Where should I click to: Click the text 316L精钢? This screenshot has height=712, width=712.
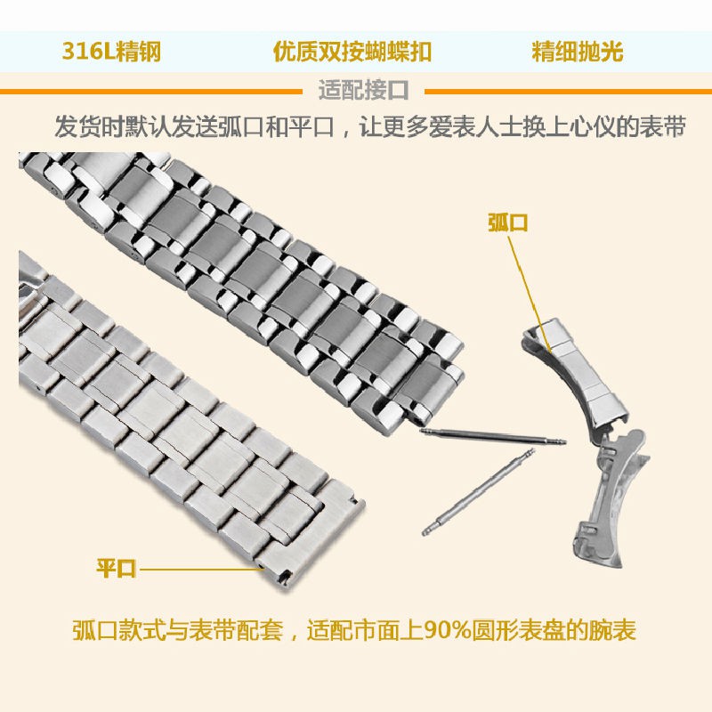[x=112, y=52]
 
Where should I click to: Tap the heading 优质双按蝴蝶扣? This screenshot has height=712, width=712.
[x=352, y=52]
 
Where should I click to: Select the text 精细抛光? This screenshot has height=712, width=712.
[x=577, y=52]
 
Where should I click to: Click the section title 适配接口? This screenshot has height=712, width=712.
[x=363, y=90]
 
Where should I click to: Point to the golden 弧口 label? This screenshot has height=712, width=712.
[x=507, y=223]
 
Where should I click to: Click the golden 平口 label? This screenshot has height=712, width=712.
[x=117, y=568]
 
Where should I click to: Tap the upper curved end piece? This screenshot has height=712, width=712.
[x=576, y=372]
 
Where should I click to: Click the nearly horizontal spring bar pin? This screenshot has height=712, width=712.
[x=493, y=436]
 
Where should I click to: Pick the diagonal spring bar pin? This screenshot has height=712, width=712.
[x=478, y=492]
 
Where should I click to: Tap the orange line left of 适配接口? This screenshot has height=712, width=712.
[x=151, y=92]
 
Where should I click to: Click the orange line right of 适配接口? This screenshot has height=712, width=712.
[x=568, y=92]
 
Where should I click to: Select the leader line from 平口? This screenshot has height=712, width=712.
[x=201, y=569]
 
